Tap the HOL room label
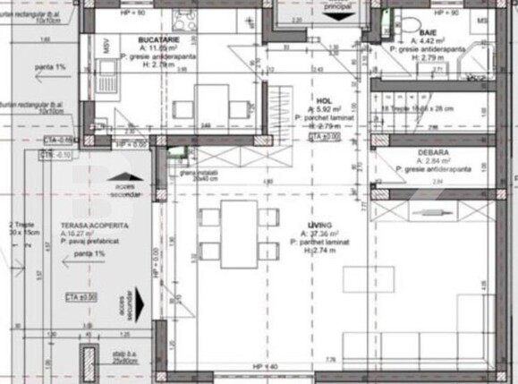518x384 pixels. tap(325, 102)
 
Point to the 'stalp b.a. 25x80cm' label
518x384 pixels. tap(125, 357)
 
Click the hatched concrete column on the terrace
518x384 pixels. tap(88, 363)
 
